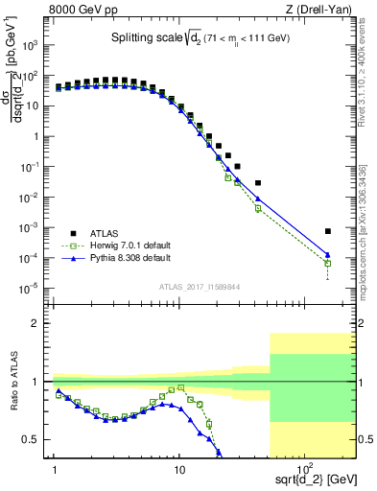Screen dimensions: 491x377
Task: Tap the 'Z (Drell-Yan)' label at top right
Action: click(322, 10)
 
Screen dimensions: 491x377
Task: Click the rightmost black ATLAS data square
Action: click(328, 231)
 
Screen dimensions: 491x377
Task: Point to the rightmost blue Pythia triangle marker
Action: click(328, 255)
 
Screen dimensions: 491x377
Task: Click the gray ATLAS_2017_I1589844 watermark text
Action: click(199, 285)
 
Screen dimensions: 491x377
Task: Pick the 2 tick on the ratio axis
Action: click(42, 323)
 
